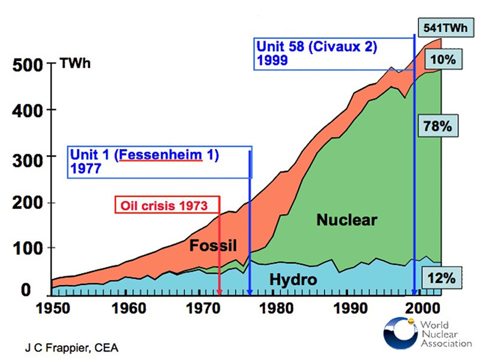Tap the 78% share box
tap(442, 127)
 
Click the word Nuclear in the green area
tap(347, 220)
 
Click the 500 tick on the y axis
tap(27, 65)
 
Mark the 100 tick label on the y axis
tap(27, 248)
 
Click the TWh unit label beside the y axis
tap(75, 63)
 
